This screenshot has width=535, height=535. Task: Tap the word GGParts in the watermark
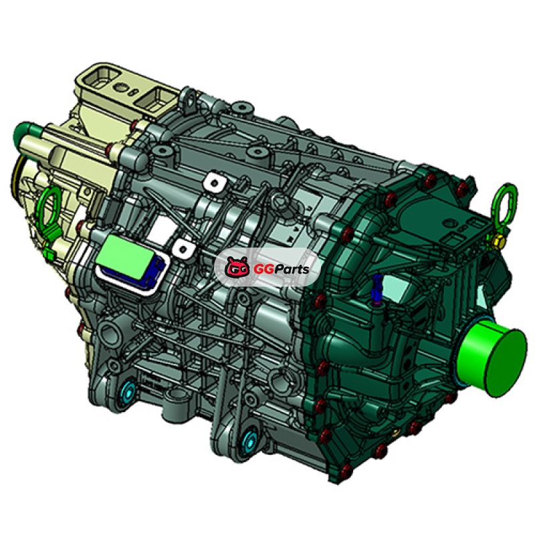click(281, 269)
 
